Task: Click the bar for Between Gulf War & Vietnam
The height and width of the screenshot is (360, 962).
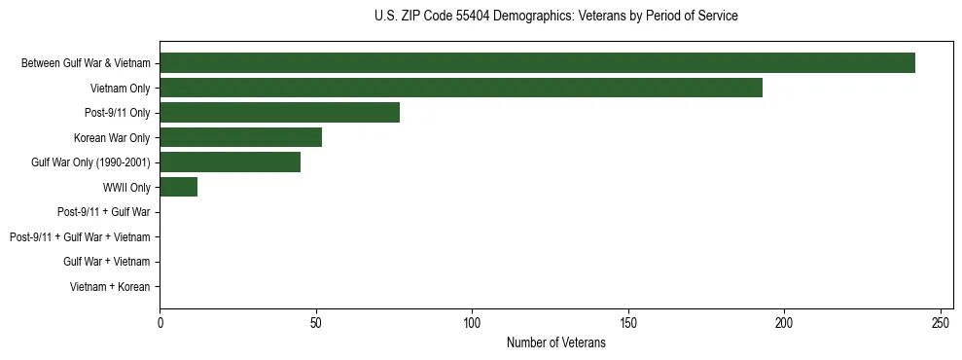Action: tap(537, 63)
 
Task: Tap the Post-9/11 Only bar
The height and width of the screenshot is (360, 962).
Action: tap(279, 113)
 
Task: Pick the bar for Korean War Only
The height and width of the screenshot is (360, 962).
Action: tap(240, 137)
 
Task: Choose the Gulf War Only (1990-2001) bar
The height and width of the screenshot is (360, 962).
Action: tap(230, 162)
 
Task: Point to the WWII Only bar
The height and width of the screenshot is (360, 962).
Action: tap(178, 187)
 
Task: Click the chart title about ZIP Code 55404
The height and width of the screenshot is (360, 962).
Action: tap(555, 17)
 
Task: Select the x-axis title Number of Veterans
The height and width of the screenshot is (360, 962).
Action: tap(555, 342)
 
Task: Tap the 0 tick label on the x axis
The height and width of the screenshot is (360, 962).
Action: tap(160, 323)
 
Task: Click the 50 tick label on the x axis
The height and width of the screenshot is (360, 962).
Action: tap(316, 323)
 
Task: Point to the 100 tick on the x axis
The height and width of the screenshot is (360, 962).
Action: tap(472, 323)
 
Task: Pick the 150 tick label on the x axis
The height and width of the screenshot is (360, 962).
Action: tap(628, 323)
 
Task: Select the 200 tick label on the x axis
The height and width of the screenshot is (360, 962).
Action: tap(784, 323)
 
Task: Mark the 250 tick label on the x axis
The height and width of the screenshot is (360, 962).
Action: tap(941, 323)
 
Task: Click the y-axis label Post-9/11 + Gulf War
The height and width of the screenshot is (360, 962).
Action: tap(104, 212)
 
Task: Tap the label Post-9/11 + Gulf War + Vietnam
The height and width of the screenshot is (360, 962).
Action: tap(80, 236)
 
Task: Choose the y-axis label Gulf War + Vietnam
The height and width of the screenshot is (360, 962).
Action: tap(107, 262)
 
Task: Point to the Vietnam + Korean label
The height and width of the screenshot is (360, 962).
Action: tap(110, 286)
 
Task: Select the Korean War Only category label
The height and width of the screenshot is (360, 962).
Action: tap(112, 137)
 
